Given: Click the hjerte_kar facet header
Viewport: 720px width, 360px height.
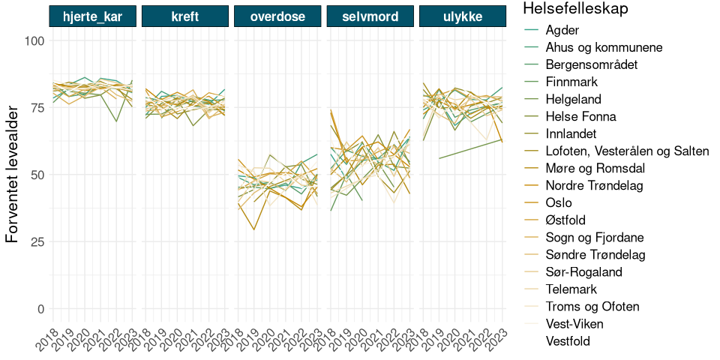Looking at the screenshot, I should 93,16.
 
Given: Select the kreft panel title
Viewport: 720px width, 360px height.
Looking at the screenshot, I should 185,16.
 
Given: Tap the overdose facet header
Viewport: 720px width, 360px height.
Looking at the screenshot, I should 277,16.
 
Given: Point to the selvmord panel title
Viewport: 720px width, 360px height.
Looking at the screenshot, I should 370,16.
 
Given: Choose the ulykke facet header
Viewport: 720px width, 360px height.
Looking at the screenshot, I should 462,16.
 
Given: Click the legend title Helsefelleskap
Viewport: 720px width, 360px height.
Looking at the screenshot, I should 575,9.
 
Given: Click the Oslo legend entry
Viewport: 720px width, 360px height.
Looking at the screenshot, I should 559,202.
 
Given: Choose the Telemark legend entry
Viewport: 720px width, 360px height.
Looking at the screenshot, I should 574,289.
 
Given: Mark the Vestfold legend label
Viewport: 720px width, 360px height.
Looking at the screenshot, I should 568,341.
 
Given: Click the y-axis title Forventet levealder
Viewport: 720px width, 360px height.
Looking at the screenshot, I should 13,175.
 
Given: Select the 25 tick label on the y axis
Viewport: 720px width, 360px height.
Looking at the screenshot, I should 37,241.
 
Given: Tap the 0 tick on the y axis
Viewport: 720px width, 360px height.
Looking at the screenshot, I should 40,309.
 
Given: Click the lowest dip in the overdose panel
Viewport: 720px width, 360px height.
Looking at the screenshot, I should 253,229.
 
